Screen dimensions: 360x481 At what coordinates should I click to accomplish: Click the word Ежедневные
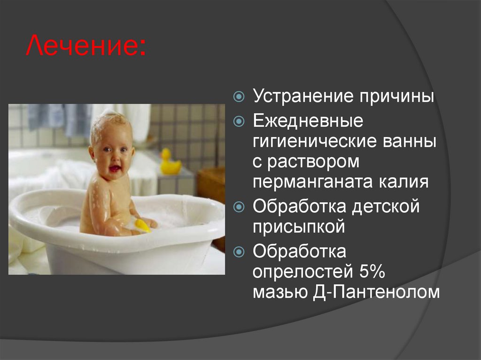308,121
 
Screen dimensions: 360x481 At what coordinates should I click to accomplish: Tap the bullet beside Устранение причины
240,97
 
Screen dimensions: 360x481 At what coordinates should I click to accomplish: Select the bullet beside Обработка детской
240,207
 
